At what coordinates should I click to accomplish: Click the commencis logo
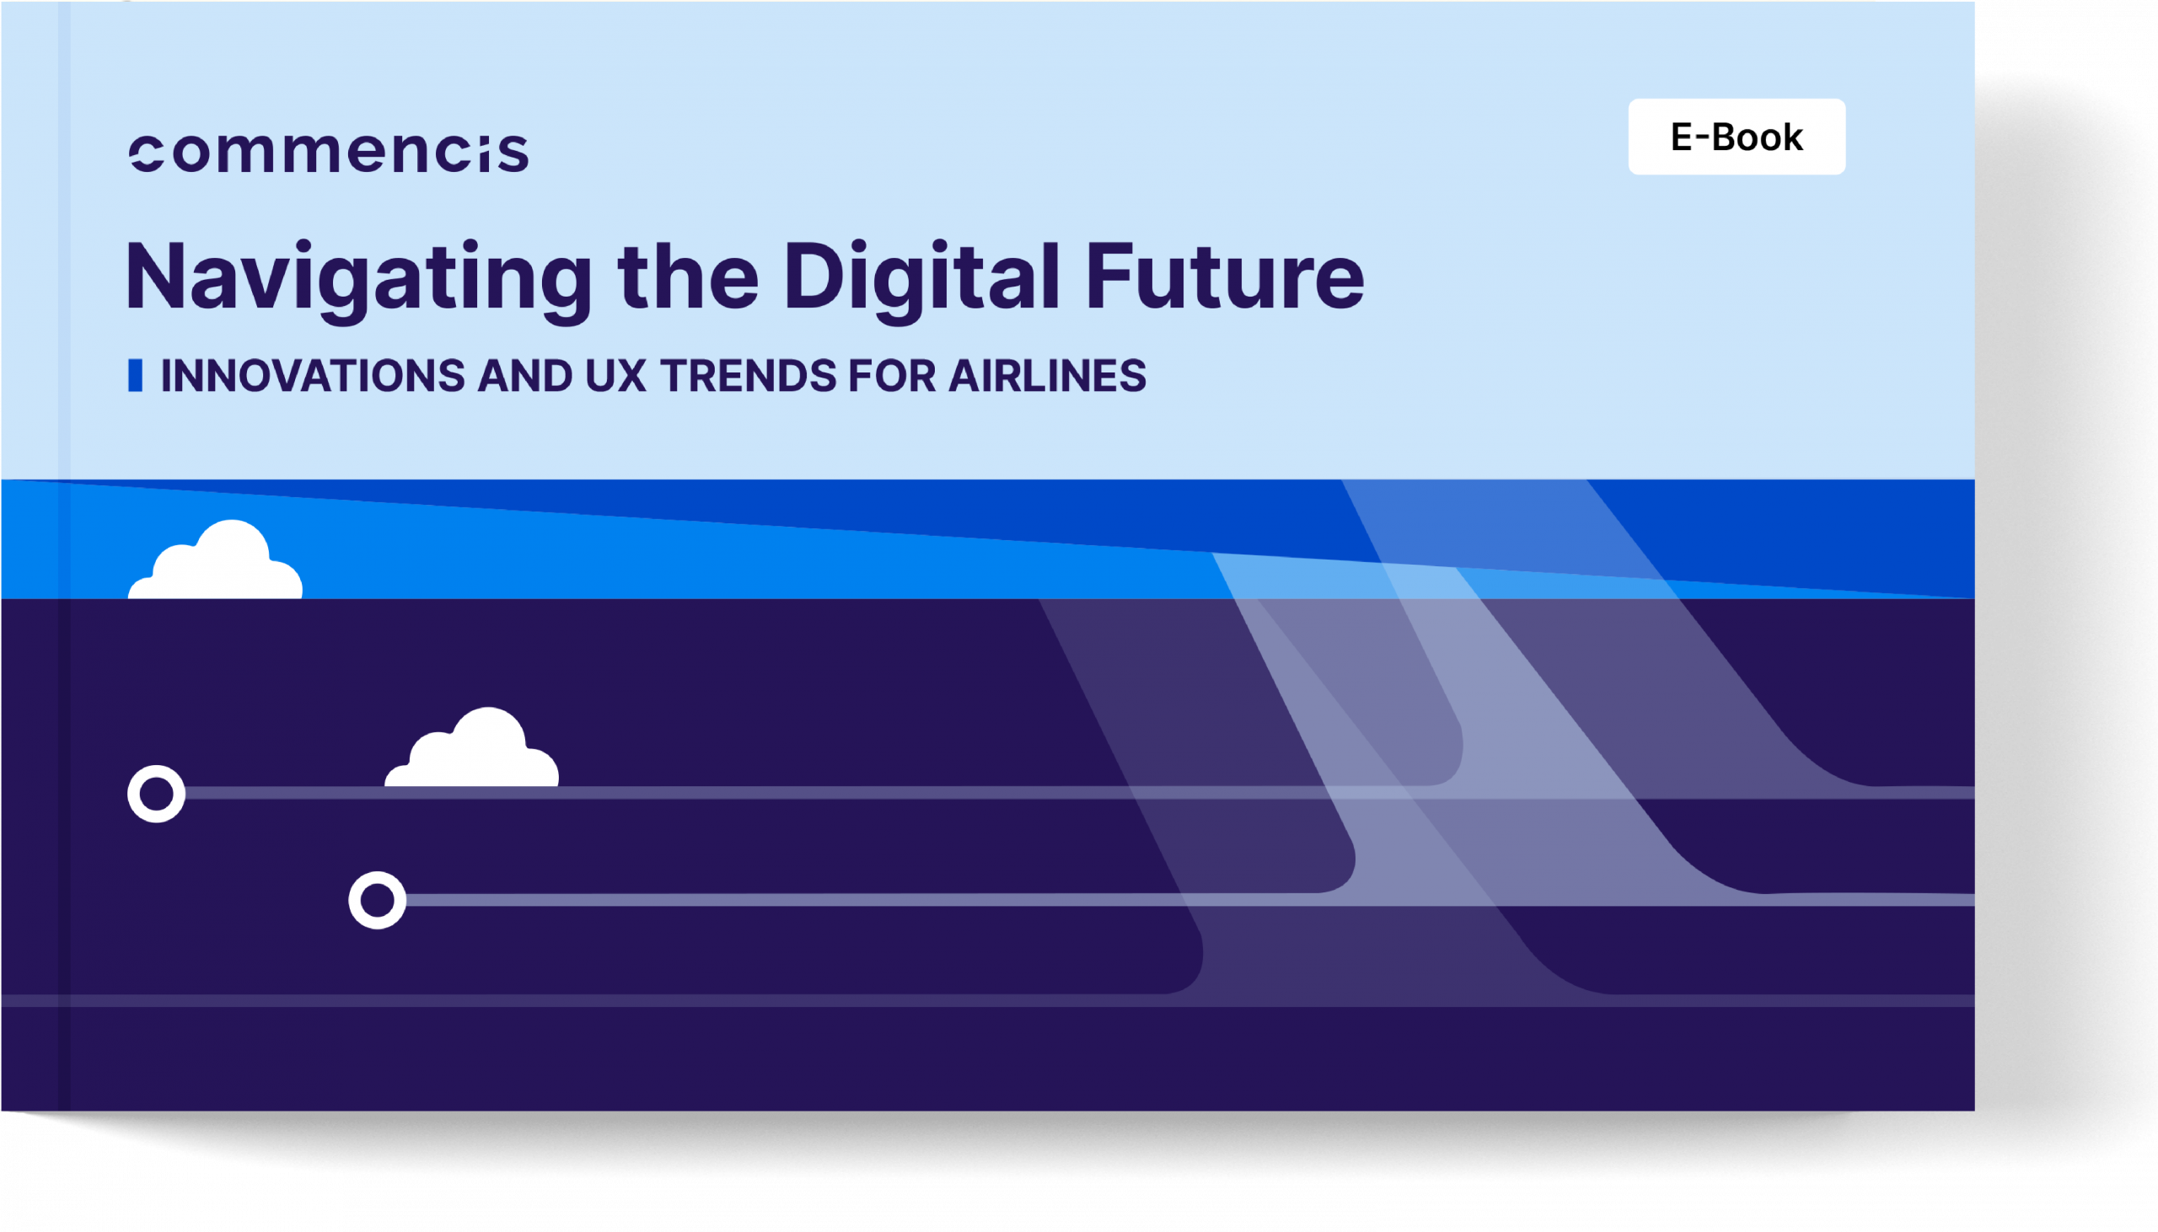click(x=329, y=153)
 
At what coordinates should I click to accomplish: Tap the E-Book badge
click(x=1737, y=137)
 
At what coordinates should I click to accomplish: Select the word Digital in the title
click(x=921, y=280)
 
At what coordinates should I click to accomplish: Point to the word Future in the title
click(x=1225, y=276)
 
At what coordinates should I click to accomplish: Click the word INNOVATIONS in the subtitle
click(x=312, y=376)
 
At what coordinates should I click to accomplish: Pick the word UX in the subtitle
click(x=615, y=376)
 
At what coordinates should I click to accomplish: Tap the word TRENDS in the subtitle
click(x=748, y=376)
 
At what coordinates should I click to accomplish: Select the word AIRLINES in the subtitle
click(x=1048, y=376)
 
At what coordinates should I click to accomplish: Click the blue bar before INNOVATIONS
click(x=136, y=376)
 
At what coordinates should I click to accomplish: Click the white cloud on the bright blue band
click(x=215, y=560)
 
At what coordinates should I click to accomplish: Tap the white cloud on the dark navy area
click(x=471, y=747)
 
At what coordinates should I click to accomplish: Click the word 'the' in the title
click(x=688, y=276)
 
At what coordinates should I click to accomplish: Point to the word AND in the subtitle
click(x=524, y=376)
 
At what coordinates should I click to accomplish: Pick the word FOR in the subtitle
click(x=892, y=376)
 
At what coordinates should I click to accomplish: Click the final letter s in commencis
click(x=513, y=154)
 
